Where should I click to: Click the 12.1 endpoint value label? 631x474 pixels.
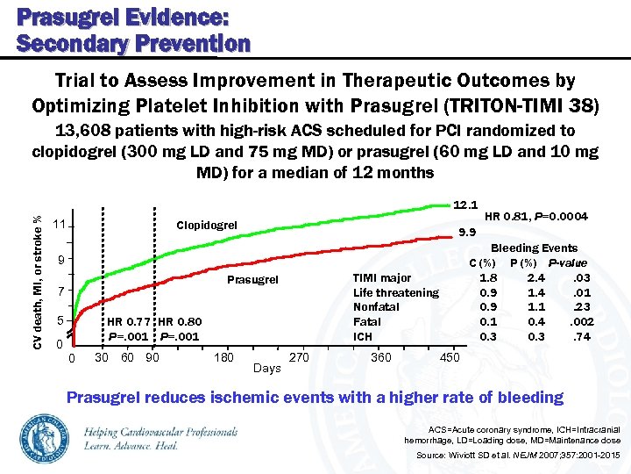coord(465,205)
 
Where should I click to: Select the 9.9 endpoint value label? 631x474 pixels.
coord(468,233)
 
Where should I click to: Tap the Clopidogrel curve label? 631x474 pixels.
coord(207,226)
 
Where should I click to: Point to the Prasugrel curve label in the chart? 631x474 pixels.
coord(252,281)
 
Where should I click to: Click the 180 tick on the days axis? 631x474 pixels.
coord(223,357)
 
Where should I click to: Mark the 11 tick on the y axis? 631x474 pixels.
coord(60,226)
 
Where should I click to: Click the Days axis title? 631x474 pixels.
coord(266,368)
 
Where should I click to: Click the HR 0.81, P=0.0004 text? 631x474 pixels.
coord(535,217)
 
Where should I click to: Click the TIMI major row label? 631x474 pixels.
coord(382,278)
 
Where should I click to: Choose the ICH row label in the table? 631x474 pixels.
coord(363,336)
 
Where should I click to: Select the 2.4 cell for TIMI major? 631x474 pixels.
coord(535,278)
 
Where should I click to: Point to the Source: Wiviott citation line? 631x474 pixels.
coord(518,456)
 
